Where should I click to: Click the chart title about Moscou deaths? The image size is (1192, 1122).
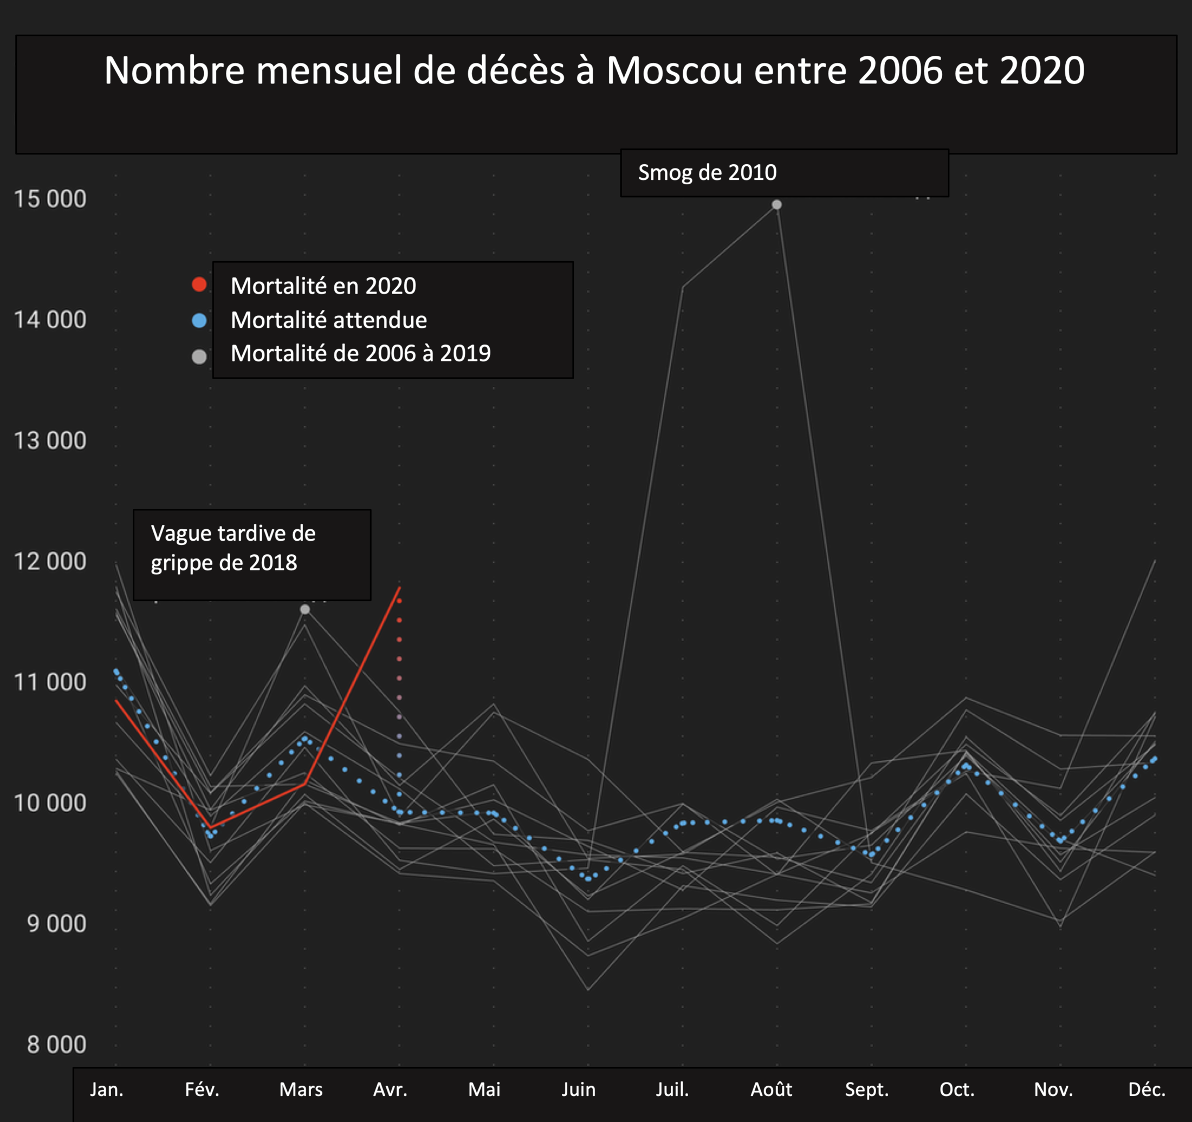click(x=594, y=71)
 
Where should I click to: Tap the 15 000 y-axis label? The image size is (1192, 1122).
click(x=50, y=199)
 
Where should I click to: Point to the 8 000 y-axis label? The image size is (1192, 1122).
click(x=57, y=1044)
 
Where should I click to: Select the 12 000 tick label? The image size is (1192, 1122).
click(x=50, y=561)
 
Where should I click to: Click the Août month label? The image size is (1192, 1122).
click(x=771, y=1089)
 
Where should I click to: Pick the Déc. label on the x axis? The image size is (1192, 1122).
click(x=1146, y=1089)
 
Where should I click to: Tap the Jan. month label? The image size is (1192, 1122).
click(x=107, y=1089)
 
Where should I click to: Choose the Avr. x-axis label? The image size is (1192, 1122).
click(x=390, y=1089)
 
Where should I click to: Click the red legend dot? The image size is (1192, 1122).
click(x=199, y=285)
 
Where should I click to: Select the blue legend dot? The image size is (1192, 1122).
click(x=199, y=321)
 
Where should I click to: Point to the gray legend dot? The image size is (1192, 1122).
click(x=199, y=357)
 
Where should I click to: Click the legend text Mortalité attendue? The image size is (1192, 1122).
click(x=328, y=320)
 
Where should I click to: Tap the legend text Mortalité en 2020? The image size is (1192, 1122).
click(x=323, y=286)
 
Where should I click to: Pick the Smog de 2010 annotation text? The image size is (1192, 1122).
click(x=707, y=173)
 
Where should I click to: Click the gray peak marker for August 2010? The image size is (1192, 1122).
click(x=776, y=204)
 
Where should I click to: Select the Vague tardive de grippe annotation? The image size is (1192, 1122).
click(x=232, y=548)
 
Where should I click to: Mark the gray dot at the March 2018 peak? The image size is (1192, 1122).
click(x=305, y=609)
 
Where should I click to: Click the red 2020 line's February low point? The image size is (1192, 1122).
click(x=210, y=828)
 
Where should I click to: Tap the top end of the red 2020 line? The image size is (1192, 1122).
click(x=400, y=587)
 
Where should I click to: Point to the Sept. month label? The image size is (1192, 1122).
click(x=866, y=1089)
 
